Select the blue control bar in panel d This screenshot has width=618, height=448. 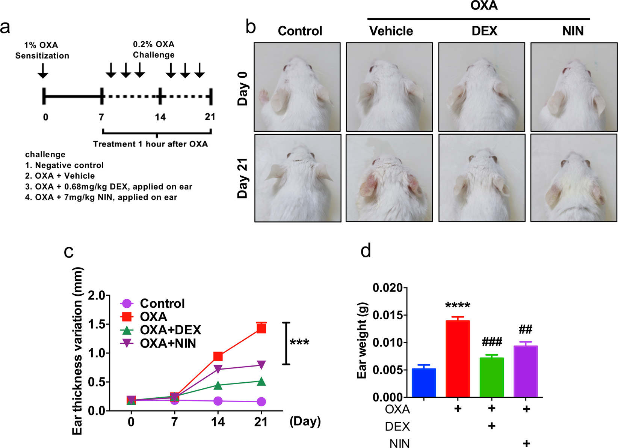424,383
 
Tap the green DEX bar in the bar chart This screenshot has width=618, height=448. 491,377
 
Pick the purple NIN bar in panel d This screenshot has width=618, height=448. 526,371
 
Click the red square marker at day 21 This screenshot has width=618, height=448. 261,329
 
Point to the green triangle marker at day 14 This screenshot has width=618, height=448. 218,385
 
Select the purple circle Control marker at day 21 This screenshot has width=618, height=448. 261,401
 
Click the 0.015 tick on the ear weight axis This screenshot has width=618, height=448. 387,315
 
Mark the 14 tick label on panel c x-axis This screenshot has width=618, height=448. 218,422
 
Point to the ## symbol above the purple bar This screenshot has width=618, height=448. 525,330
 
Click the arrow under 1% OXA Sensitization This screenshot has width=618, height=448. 43,71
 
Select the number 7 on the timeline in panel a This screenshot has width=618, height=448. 101,117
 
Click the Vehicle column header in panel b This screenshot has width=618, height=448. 391,31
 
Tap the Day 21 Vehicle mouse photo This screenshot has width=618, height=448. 389,178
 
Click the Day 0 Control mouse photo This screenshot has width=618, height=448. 297,87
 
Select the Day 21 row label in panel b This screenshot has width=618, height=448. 243,178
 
